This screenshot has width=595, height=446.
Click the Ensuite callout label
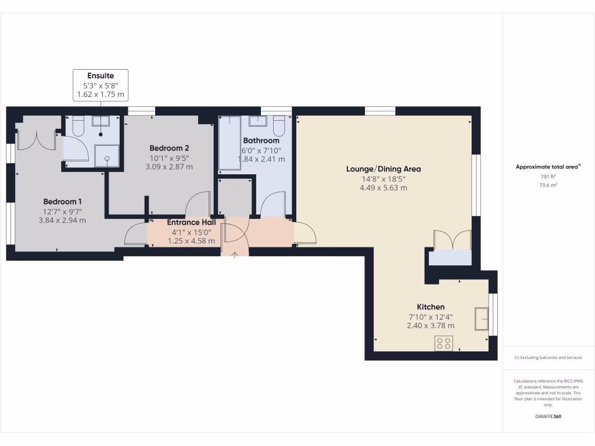tap(101, 75)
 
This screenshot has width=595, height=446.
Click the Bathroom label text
tap(261, 141)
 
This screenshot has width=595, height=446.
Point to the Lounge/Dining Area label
tap(383, 169)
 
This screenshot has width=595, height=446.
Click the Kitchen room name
tap(431, 307)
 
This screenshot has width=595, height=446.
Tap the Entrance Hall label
tap(191, 222)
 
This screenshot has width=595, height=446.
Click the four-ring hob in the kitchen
tap(444, 343)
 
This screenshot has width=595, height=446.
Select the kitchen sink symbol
tap(481, 318)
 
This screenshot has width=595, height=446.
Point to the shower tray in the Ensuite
tap(106, 156)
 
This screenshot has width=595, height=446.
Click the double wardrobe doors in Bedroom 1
tap(36, 140)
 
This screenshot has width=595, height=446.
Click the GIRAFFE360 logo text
tap(549, 416)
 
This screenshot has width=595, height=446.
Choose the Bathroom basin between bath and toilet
tap(257, 121)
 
